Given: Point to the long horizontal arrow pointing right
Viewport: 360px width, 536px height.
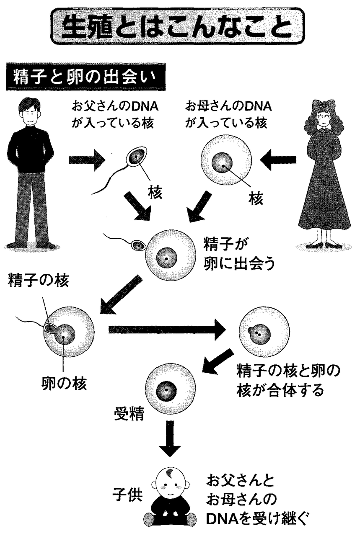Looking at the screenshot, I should tap(168, 330).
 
